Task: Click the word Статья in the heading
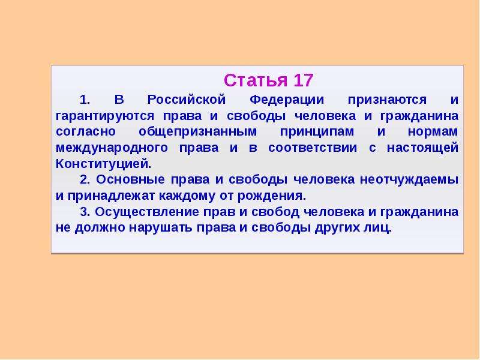[x=256, y=80]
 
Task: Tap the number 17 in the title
[x=304, y=80]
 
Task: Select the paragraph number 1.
[x=85, y=100]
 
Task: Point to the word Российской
[x=187, y=100]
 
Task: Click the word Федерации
[x=287, y=100]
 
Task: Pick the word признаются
[x=387, y=100]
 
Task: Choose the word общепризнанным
[x=198, y=132]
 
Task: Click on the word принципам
[x=317, y=132]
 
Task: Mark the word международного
[x=112, y=148]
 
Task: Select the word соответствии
[x=313, y=148]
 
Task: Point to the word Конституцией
[x=103, y=164]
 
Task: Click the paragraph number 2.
[x=85, y=179]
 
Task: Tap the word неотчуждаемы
[x=409, y=180]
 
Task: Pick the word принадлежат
[x=112, y=196]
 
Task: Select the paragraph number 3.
[x=85, y=212]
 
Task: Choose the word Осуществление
[x=147, y=212]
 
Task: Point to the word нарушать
[x=161, y=228]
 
